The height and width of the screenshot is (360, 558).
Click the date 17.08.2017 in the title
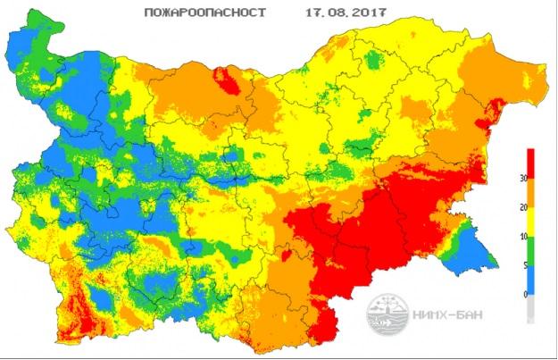(x=318, y=14)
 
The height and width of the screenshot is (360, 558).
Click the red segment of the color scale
(x=532, y=163)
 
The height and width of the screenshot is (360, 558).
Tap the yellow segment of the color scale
(x=532, y=222)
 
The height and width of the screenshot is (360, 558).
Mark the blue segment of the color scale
(x=532, y=280)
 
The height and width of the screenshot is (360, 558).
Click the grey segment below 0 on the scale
(x=532, y=308)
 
